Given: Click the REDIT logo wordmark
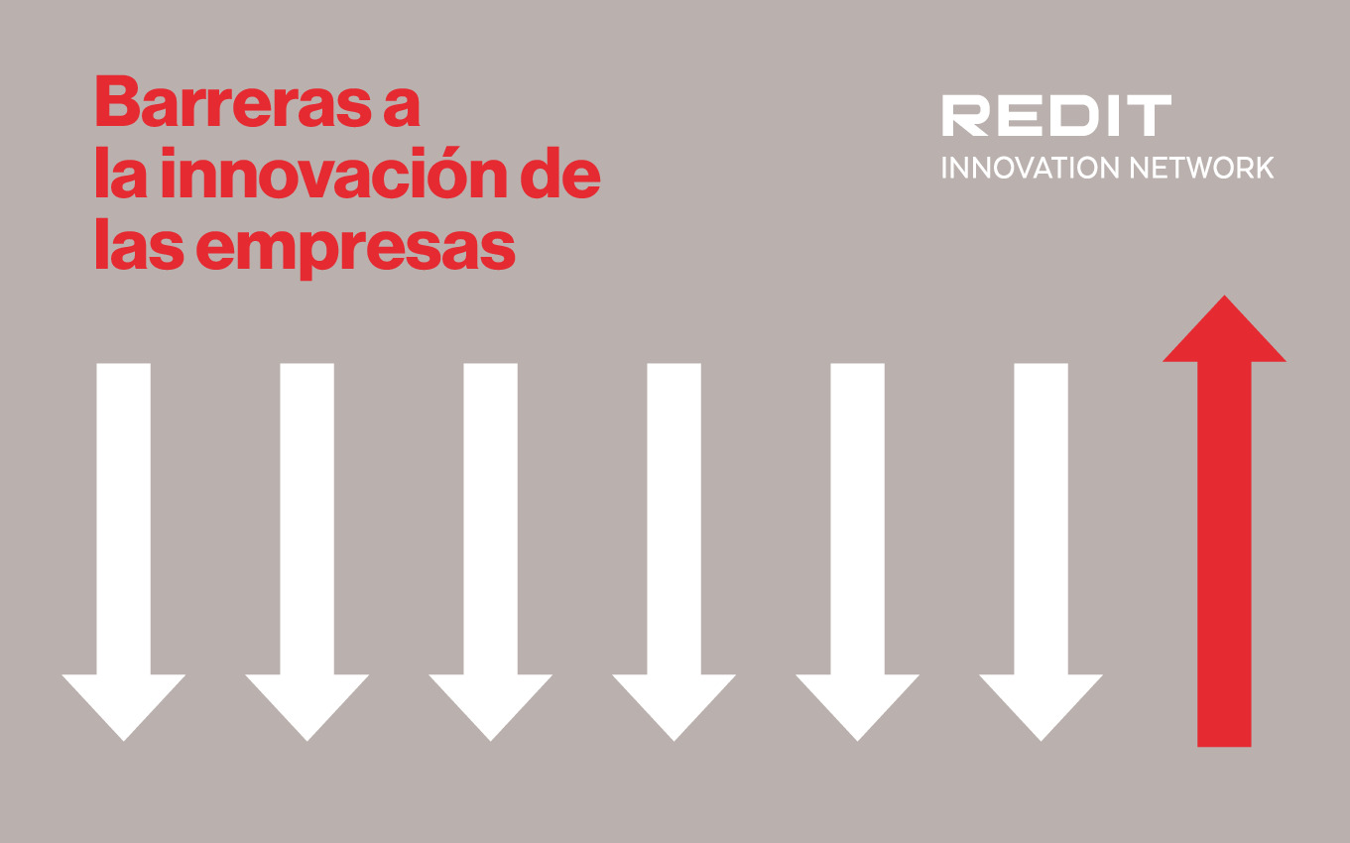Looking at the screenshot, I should [x=1055, y=116].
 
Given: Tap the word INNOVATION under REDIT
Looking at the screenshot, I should [x=1016, y=168].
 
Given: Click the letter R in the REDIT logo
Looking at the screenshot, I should [x=964, y=116].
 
